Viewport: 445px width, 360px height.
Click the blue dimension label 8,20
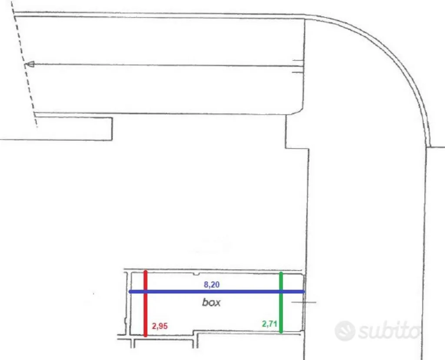click(212, 284)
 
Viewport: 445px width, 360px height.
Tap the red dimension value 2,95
click(160, 326)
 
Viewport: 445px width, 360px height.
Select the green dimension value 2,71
click(269, 323)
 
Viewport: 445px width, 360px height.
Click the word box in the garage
click(212, 302)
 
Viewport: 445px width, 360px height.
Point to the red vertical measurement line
click(146, 303)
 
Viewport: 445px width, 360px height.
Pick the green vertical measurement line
click(281, 302)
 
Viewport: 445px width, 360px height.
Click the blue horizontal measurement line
click(217, 292)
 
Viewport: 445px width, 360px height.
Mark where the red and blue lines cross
click(146, 292)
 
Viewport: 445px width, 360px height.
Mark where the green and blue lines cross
click(281, 292)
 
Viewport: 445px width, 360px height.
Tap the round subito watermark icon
click(345, 330)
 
